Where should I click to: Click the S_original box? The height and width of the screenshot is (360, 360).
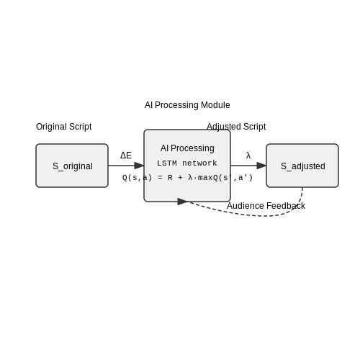click(x=72, y=166)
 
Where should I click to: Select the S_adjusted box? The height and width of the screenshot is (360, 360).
click(x=302, y=166)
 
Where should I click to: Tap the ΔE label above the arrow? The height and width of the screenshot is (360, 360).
click(x=126, y=156)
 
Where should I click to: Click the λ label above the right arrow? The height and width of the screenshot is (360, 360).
click(x=248, y=156)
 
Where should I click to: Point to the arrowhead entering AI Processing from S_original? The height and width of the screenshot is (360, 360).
click(x=139, y=166)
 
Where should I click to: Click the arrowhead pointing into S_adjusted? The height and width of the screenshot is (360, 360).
click(x=261, y=166)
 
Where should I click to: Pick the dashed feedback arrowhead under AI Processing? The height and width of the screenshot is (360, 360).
click(x=182, y=202)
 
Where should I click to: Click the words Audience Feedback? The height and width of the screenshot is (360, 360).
click(x=266, y=206)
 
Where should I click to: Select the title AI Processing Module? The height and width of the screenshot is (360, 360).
click(x=187, y=105)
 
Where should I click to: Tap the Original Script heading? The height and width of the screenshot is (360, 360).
click(x=64, y=127)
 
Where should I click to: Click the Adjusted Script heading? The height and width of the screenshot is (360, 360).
click(x=236, y=127)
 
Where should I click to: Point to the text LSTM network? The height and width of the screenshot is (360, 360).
click(x=187, y=163)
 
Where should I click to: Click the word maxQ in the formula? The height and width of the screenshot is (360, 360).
click(x=208, y=178)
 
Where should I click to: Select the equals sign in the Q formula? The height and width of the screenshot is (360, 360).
click(x=160, y=178)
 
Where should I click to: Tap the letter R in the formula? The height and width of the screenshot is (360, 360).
click(x=170, y=178)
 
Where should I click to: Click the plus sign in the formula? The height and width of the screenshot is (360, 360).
click(x=180, y=178)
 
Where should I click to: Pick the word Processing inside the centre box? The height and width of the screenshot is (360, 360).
click(x=192, y=148)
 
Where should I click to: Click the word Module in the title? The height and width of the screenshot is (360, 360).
click(x=215, y=105)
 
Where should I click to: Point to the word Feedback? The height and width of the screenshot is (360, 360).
click(x=286, y=206)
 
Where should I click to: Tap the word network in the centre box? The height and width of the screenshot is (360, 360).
click(x=199, y=163)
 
